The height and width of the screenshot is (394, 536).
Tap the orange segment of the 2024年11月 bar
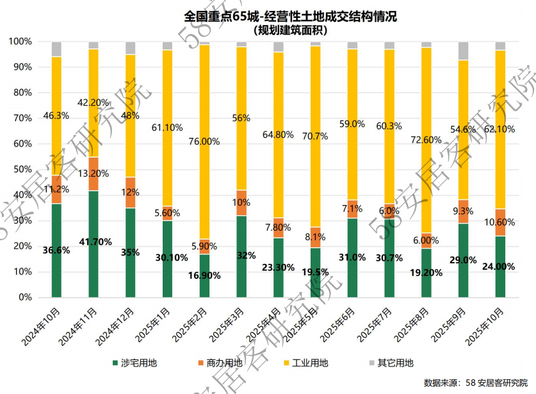[93, 174]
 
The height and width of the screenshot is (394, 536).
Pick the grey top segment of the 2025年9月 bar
[464, 51]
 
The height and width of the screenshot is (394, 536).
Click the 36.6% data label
[56, 251]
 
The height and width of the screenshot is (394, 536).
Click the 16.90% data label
[204, 275]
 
